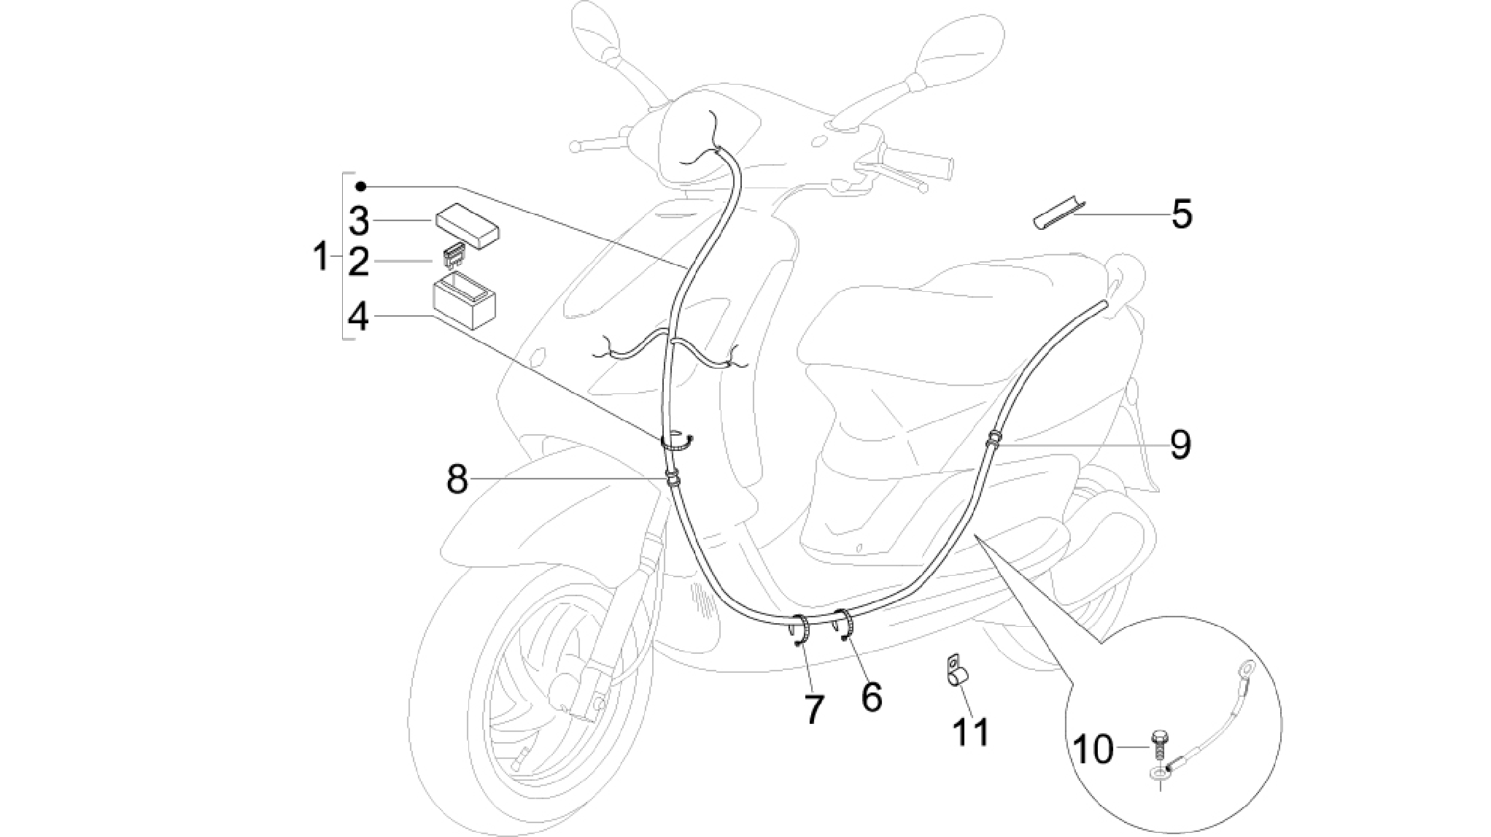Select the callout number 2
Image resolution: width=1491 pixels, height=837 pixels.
click(x=358, y=261)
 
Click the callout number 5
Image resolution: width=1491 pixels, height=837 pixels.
click(x=1182, y=214)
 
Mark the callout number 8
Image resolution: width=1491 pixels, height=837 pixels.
click(x=457, y=479)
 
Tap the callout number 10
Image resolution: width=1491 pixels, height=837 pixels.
click(x=1094, y=749)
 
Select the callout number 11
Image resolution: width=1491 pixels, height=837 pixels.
click(x=972, y=731)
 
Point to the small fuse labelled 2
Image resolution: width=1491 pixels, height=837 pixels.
click(x=454, y=258)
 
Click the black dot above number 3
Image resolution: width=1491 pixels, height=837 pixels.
click(x=360, y=186)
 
